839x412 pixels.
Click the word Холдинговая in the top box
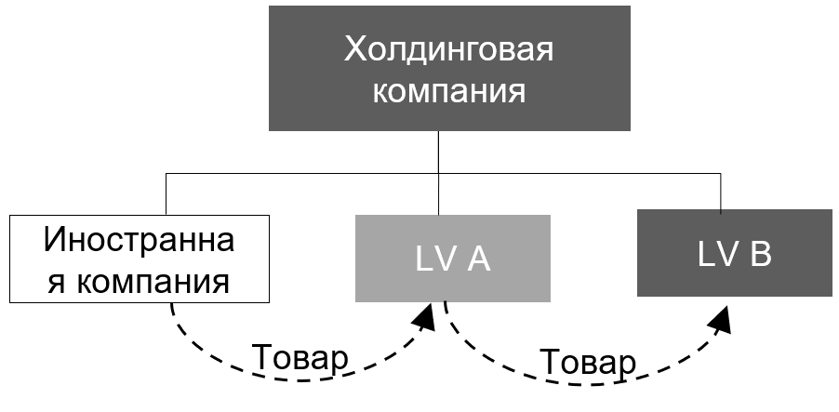(x=448, y=49)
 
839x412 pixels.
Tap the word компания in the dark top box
(x=448, y=91)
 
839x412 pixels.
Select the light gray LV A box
(x=453, y=259)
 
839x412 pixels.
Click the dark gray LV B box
(x=735, y=253)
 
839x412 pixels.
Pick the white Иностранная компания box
(x=140, y=259)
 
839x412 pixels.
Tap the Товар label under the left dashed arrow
(x=300, y=357)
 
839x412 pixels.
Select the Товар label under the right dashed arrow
(x=588, y=362)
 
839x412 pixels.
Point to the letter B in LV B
(x=760, y=254)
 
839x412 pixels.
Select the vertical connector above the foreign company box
(x=166, y=193)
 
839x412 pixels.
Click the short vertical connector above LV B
(x=720, y=193)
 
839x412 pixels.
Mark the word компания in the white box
(x=153, y=282)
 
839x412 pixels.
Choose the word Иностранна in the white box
(x=140, y=239)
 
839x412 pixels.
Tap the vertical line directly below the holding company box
(x=438, y=173)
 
